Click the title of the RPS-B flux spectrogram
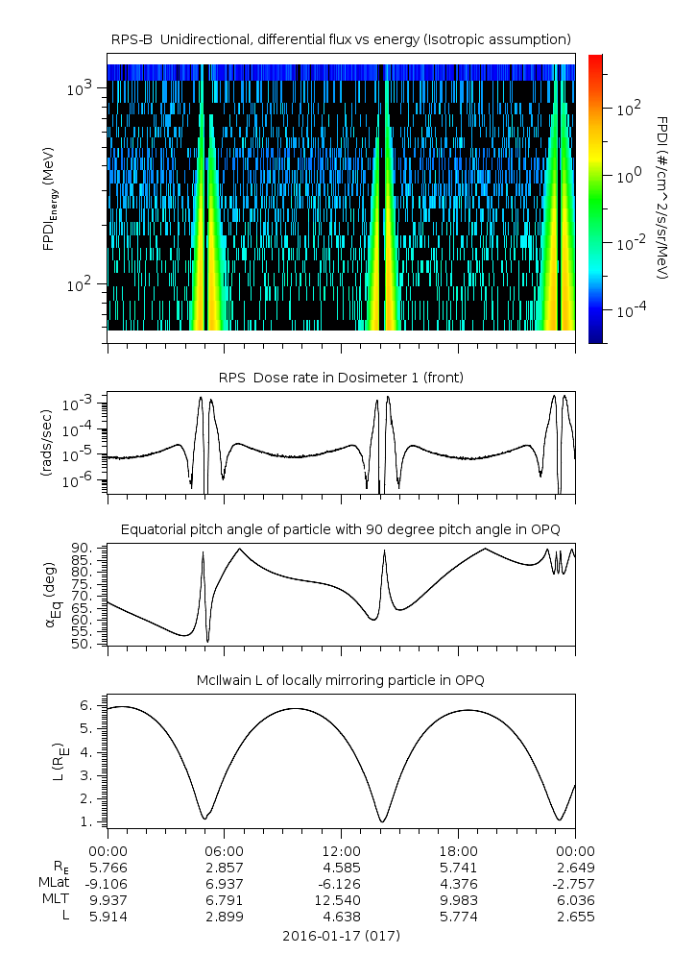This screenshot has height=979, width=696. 341,39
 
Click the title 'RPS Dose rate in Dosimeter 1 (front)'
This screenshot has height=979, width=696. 341,378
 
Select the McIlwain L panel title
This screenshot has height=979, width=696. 341,680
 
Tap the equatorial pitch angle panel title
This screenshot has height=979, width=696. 341,529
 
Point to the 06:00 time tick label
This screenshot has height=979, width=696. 225,851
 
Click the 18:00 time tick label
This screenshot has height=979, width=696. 458,851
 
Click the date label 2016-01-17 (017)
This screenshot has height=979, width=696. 341,936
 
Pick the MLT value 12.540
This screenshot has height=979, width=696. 341,900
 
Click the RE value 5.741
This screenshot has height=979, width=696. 458,868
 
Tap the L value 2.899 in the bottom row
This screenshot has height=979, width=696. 225,917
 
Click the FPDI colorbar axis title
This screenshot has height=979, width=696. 663,197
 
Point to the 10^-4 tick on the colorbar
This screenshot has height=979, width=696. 629,309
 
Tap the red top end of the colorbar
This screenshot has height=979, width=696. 595,58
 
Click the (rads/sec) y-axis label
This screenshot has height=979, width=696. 45,443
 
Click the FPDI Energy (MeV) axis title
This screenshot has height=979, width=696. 50,199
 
